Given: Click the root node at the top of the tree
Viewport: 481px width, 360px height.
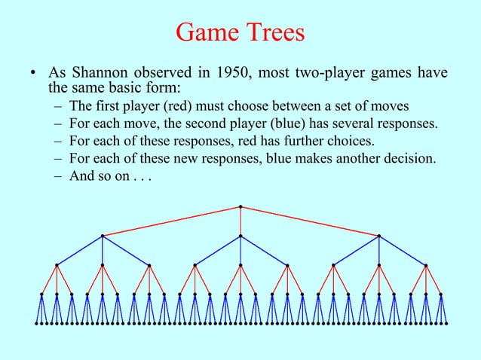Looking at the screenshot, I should click(240, 206).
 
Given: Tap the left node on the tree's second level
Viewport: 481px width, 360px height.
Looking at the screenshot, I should click(103, 236).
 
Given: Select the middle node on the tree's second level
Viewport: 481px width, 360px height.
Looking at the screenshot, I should click(240, 236).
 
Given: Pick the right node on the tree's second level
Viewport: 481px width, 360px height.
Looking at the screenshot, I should click(379, 236).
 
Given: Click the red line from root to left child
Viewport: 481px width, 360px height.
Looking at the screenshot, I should click(172, 221).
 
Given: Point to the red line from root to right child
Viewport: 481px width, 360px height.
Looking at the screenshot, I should click(310, 221).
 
